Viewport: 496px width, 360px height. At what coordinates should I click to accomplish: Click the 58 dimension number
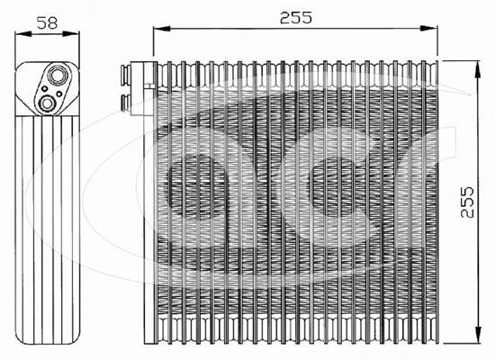(47, 23)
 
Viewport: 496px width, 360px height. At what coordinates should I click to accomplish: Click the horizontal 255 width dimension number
(296, 18)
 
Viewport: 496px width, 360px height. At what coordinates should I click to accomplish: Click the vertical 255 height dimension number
(467, 202)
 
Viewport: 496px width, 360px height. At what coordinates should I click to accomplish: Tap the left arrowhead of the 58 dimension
(23, 33)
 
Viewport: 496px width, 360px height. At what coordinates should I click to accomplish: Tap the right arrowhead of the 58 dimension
(71, 33)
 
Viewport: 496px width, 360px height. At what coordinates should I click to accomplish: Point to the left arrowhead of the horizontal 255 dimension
(162, 29)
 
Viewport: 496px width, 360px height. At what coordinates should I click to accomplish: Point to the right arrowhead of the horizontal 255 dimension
(429, 29)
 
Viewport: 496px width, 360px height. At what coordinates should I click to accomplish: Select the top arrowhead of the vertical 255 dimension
(478, 68)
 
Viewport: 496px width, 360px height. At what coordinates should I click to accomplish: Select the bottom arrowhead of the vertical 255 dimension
(478, 335)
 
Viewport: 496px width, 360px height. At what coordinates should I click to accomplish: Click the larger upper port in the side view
(57, 75)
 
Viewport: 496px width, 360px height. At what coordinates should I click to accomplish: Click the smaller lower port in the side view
(48, 103)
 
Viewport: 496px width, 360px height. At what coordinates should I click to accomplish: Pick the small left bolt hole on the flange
(45, 88)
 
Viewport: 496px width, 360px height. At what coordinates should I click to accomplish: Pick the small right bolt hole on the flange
(59, 94)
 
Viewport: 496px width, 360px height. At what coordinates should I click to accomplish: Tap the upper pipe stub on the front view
(126, 76)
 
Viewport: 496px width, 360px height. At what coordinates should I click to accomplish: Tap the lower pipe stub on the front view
(126, 103)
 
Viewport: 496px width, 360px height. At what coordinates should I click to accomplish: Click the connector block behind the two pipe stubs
(143, 88)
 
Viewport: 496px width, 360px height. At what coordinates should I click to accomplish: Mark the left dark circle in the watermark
(197, 186)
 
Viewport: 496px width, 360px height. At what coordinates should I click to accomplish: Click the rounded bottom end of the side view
(48, 338)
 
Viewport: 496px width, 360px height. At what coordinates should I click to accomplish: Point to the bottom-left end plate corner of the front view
(145, 344)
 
